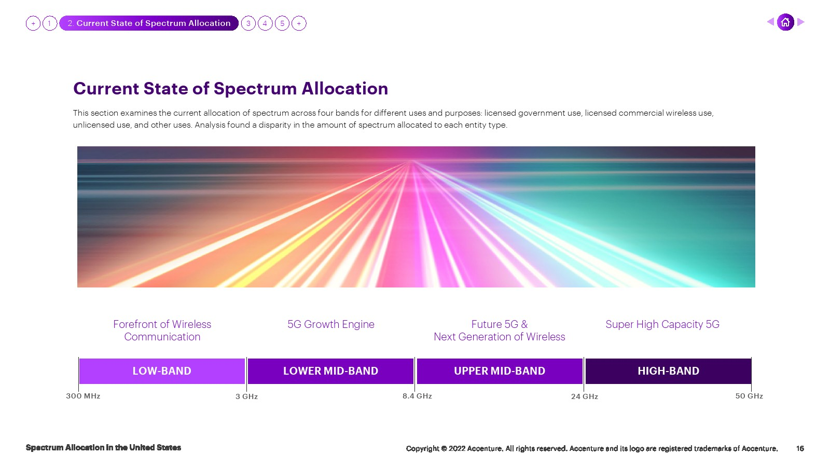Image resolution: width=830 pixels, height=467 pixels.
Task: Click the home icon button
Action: (x=785, y=23)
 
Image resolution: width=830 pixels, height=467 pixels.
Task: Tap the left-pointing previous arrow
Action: (x=770, y=22)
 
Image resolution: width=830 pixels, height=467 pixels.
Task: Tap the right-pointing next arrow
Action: (x=801, y=22)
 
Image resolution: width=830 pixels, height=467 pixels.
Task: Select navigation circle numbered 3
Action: (x=248, y=23)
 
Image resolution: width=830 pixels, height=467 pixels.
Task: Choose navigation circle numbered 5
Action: (x=282, y=23)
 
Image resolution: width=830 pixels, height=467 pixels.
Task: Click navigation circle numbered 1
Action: (x=50, y=23)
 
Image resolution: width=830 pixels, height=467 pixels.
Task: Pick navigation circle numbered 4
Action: (x=265, y=23)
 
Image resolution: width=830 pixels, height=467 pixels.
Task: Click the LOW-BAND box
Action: (x=162, y=371)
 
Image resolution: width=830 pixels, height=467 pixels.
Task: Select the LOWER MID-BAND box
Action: (x=330, y=371)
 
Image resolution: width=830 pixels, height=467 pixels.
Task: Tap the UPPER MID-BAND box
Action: (x=500, y=371)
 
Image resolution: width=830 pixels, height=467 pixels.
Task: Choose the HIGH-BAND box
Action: (x=669, y=371)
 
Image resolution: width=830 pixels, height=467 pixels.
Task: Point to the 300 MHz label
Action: (x=83, y=396)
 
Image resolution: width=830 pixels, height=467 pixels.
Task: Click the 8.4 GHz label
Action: (x=417, y=396)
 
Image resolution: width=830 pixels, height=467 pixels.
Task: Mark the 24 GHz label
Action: (x=584, y=396)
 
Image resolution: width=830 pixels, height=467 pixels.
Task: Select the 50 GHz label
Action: (x=749, y=396)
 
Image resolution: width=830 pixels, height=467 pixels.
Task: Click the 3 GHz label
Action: (x=246, y=396)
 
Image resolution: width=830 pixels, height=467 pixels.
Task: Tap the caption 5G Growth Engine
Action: (x=331, y=324)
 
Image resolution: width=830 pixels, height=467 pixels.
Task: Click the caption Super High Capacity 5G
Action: (x=662, y=324)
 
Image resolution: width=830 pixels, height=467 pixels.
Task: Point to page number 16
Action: (x=800, y=448)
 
